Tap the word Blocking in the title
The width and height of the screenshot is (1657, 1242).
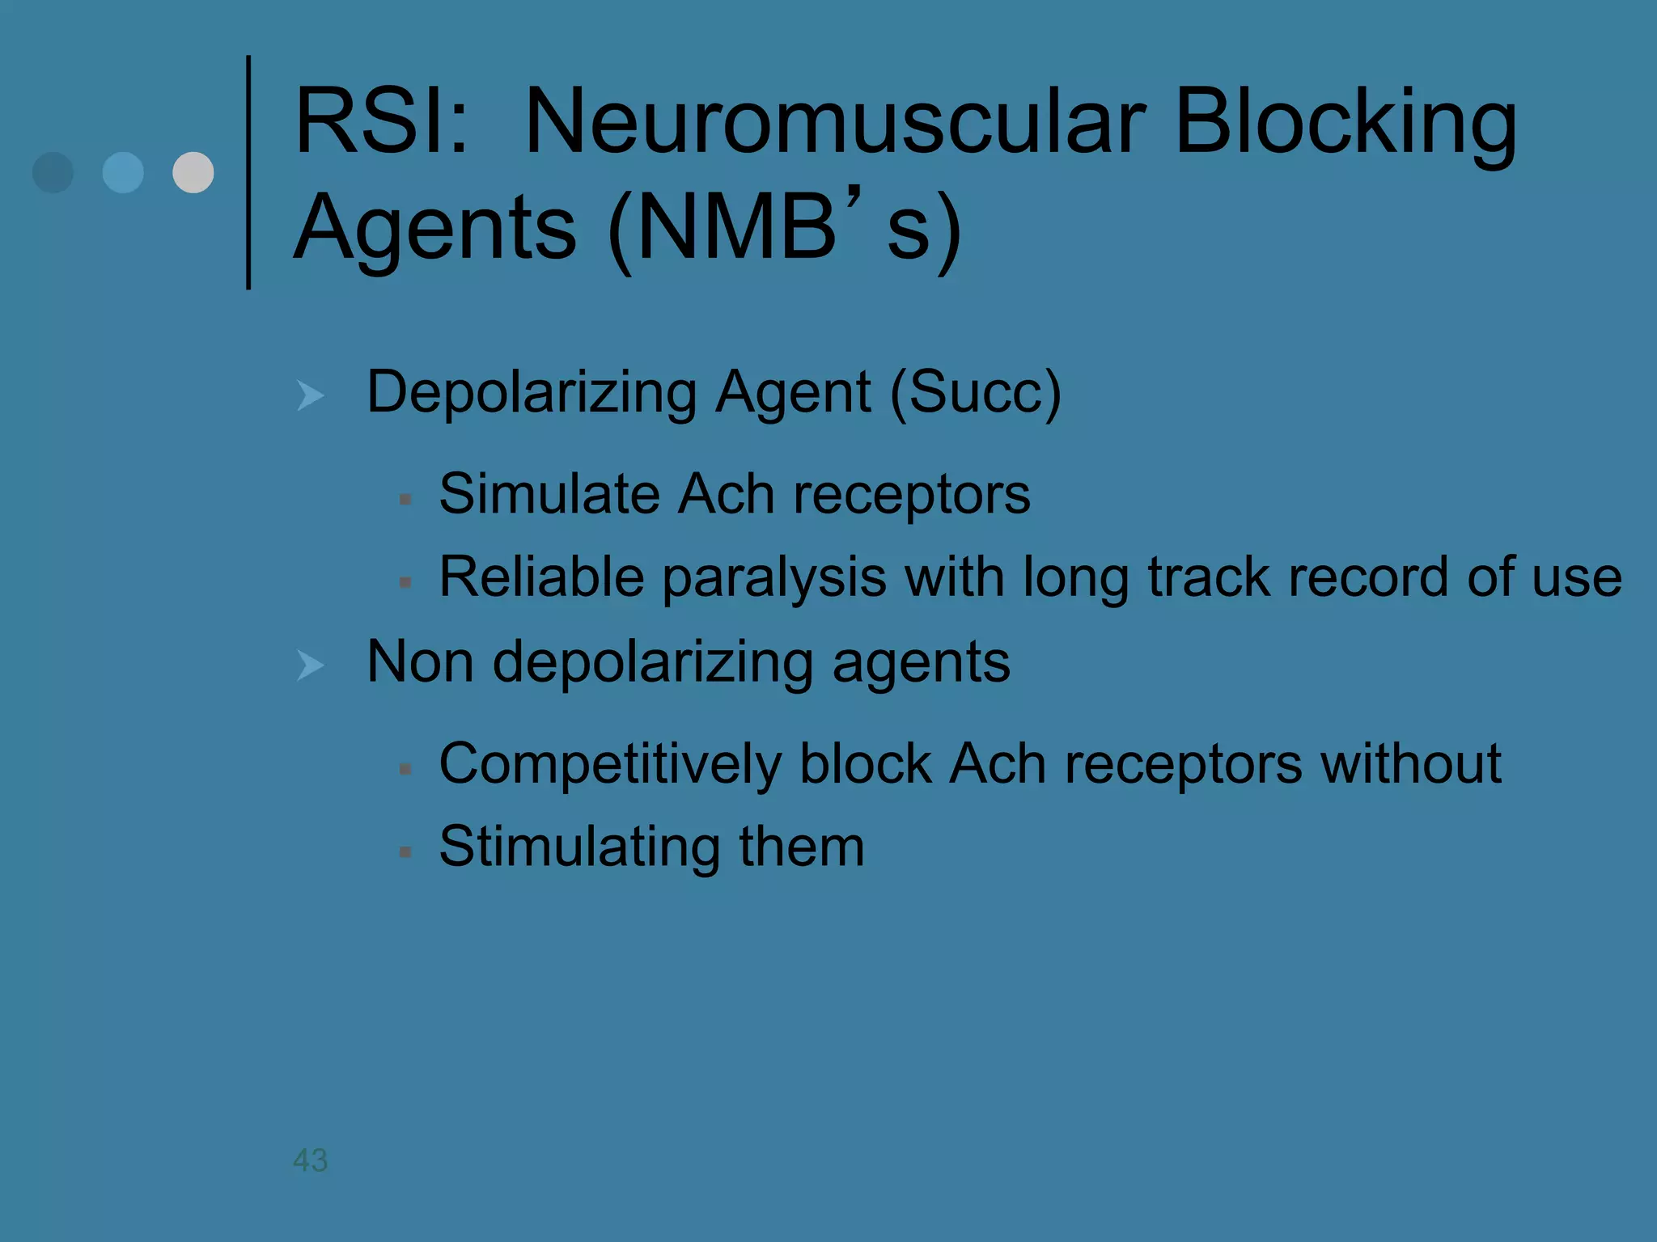tap(1345, 123)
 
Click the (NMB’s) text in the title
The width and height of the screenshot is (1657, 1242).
tap(783, 228)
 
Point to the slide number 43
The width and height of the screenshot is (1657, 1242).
tap(310, 1160)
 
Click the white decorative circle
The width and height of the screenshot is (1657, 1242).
tap(193, 172)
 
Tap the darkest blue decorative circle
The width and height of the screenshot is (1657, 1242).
tap(53, 172)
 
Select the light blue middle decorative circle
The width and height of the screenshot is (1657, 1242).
tap(123, 172)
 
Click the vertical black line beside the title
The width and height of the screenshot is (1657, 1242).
tap(248, 172)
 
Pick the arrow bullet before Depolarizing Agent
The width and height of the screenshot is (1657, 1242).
tap(311, 395)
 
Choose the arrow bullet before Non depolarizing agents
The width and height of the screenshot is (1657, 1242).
tap(311, 665)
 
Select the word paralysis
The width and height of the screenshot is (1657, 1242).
tap(774, 579)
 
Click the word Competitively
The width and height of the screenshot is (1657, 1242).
tap(610, 765)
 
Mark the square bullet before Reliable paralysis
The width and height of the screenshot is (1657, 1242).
tap(405, 582)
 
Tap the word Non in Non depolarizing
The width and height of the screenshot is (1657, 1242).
tap(420, 662)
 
